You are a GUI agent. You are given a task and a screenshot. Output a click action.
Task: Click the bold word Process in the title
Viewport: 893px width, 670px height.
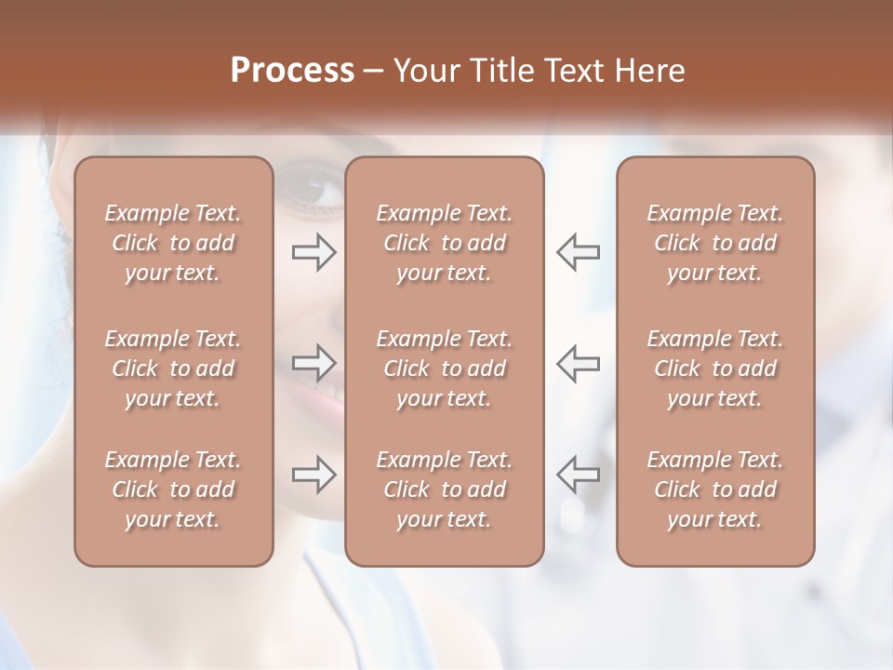292,71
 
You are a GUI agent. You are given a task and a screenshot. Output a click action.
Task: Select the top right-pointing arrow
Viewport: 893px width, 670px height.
313,252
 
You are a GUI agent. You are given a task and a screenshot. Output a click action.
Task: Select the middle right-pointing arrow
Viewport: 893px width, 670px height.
313,363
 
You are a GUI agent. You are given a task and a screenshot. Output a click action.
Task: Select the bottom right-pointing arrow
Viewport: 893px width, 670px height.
313,475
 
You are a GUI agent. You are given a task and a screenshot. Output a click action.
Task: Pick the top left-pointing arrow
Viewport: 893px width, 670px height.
578,252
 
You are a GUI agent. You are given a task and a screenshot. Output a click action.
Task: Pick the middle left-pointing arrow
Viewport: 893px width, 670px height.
578,363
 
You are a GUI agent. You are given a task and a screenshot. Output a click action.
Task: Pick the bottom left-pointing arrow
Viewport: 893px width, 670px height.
578,475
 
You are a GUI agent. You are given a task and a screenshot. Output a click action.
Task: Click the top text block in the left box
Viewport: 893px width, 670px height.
173,243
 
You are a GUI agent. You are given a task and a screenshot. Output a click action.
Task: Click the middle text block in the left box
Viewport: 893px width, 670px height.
173,368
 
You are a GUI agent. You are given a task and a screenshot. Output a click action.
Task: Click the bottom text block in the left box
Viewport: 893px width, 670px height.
173,489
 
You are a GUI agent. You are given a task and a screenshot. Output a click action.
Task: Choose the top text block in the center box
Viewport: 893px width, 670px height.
445,243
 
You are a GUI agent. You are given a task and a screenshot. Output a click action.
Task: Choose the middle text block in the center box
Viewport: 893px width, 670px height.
445,368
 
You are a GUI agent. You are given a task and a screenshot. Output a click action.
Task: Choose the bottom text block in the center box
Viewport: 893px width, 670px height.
445,489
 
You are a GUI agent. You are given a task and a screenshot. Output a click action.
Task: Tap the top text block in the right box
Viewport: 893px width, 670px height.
715,243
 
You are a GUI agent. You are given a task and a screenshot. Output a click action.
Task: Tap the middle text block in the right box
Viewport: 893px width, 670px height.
715,368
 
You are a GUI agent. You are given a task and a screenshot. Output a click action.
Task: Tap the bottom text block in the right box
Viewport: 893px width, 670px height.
715,489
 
